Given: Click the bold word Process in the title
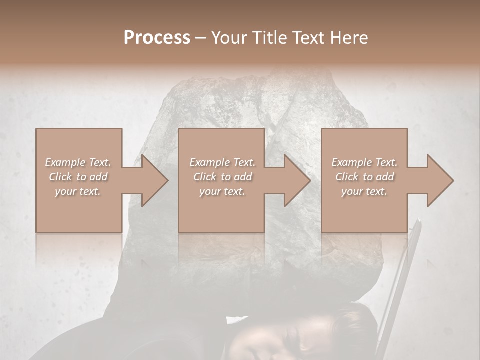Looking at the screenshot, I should coord(157,38).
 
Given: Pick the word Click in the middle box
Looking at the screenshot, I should coord(204,177).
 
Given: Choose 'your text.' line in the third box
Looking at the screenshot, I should coord(364,191).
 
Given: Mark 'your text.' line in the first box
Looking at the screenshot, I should coord(78,191).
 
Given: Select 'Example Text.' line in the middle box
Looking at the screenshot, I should coord(222,162).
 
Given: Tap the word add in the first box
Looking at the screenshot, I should coord(99,177).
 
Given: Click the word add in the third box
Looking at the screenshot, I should coord(385,177).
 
